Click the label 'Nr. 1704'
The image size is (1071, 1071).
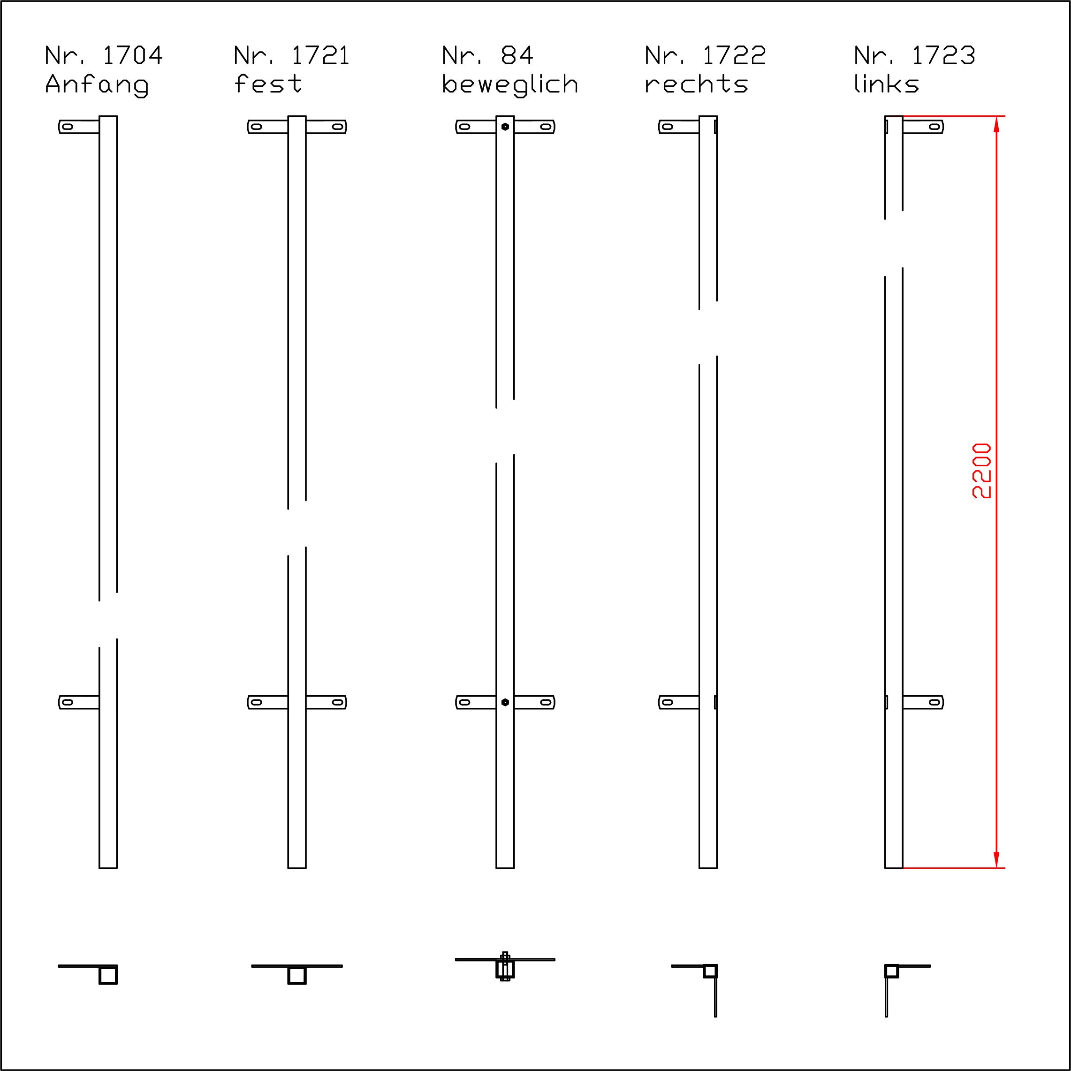(104, 55)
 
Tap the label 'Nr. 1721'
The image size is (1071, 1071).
(292, 55)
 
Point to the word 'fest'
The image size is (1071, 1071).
(268, 84)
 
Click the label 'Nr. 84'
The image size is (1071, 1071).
(488, 55)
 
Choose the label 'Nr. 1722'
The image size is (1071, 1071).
(705, 55)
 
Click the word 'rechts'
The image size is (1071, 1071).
(696, 84)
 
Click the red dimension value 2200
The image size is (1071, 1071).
(982, 471)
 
